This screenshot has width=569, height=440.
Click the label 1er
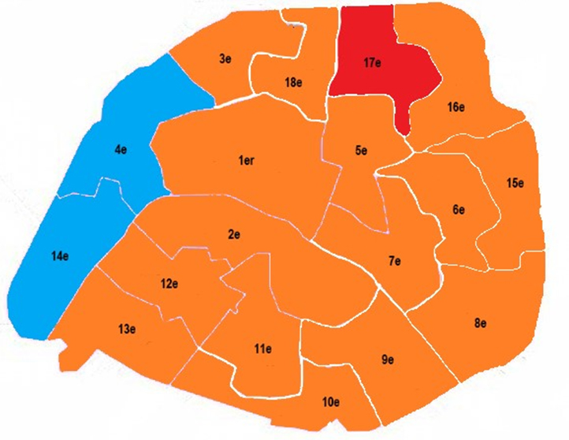[245, 161]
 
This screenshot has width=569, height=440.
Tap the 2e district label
[233, 234]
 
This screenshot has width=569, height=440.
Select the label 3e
[225, 59]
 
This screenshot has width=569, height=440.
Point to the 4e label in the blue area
[121, 147]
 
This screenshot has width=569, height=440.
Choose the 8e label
[481, 324]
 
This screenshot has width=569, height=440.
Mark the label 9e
[387, 360]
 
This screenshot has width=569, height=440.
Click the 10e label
[331, 403]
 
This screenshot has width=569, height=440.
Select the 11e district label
[263, 349]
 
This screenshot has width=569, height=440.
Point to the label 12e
[169, 284]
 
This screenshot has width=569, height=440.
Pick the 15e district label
[515, 183]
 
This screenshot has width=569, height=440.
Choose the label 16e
[456, 107]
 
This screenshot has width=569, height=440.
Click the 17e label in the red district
[374, 63]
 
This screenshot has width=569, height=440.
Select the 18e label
[293, 83]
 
